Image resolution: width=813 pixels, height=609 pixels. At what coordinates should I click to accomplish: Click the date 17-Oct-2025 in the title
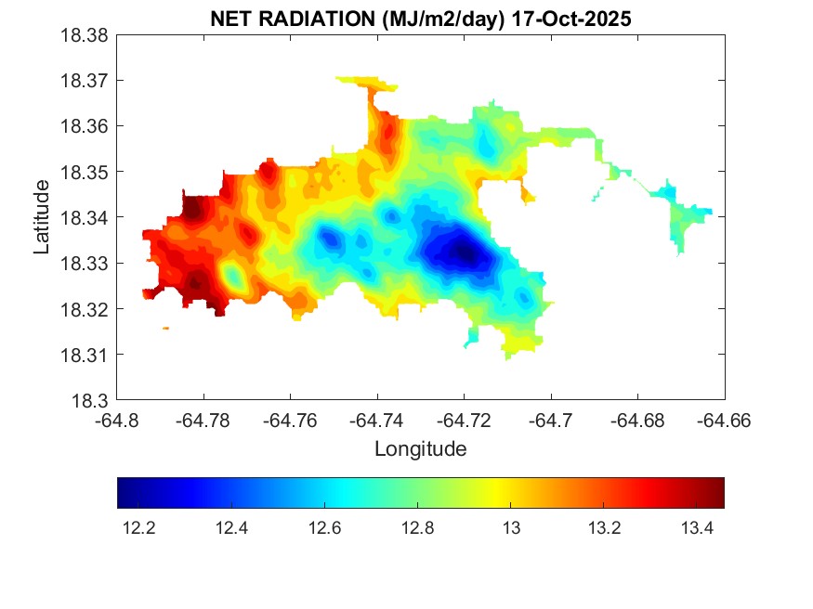(575, 19)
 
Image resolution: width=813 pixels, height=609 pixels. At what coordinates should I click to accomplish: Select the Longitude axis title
(420, 449)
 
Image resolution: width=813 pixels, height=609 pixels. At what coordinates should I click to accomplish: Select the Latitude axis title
(42, 218)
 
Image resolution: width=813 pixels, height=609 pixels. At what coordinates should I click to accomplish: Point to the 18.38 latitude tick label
(85, 35)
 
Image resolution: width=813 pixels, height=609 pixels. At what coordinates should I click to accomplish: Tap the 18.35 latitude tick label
(85, 173)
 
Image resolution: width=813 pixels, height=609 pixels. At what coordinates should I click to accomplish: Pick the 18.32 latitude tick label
(85, 309)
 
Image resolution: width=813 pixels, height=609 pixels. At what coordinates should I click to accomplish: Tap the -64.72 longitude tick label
(464, 421)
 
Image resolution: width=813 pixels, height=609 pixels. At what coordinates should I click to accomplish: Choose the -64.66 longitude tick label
(724, 421)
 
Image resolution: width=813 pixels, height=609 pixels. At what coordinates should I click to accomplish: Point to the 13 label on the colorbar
(510, 528)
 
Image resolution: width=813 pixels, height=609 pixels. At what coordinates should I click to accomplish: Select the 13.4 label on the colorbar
(696, 528)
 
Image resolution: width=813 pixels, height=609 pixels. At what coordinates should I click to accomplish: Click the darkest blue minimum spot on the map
(464, 251)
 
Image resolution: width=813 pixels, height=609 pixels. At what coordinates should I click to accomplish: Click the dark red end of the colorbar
(718, 493)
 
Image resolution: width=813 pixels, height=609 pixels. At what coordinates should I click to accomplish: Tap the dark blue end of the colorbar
(124, 493)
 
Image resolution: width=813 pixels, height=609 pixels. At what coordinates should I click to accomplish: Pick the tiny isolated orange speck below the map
(165, 328)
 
